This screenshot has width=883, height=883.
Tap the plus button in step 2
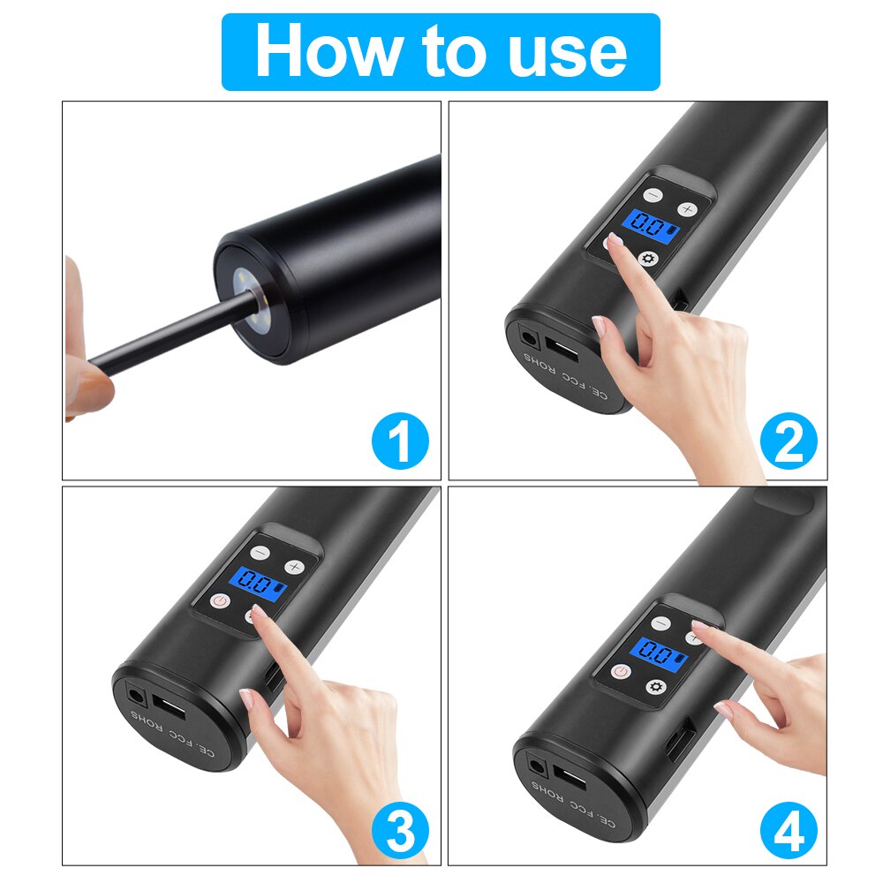pyautogui.click(x=687, y=209)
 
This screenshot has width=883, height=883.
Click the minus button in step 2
pyautogui.click(x=652, y=195)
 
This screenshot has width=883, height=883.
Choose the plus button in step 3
pyautogui.click(x=294, y=566)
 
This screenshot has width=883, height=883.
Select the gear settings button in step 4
pyautogui.click(x=654, y=686)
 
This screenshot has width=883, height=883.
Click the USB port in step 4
pyautogui.click(x=570, y=782)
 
